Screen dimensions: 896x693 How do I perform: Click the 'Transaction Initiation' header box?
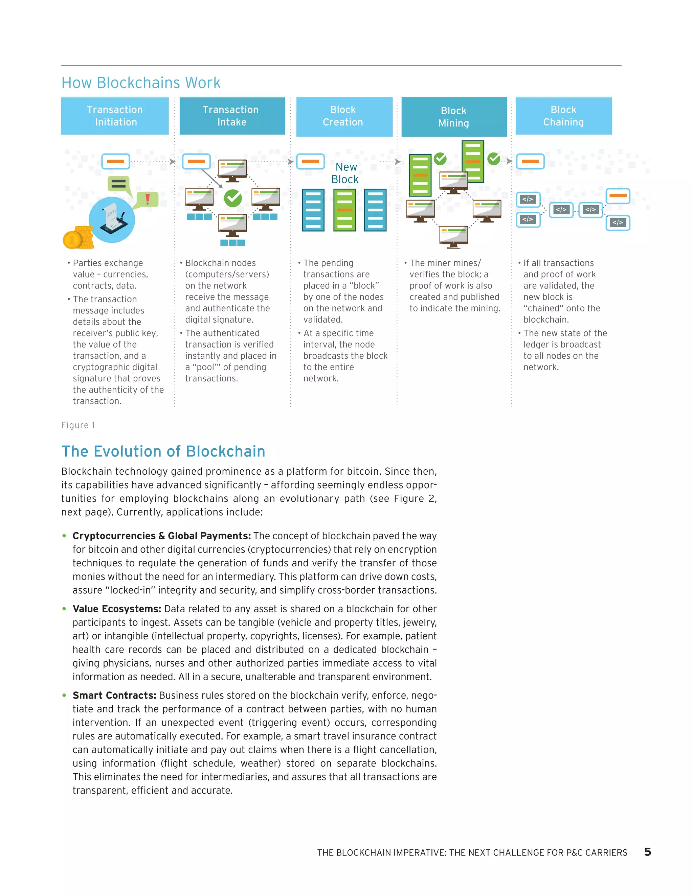coord(115,116)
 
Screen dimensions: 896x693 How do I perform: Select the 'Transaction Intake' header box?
coord(232,116)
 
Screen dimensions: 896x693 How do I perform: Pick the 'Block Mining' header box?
coord(454,117)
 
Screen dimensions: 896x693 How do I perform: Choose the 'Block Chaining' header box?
coord(563,116)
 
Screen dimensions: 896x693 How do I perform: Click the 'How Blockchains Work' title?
coord(141,83)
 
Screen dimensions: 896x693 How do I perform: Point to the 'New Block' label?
coord(345,173)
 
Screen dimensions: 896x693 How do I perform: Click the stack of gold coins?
coord(79,238)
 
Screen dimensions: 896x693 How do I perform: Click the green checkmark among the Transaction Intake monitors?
coord(233,198)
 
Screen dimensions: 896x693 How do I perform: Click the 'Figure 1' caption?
coord(78,425)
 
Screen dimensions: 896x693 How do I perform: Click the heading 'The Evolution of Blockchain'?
coord(163,451)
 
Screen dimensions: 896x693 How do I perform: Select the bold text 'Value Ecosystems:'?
coord(117,609)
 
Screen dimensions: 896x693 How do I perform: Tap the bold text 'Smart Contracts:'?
coord(114,695)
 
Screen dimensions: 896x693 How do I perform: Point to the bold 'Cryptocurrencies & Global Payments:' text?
coord(161,536)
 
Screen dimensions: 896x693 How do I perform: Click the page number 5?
coord(647,852)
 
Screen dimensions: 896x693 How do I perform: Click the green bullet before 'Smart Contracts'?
coord(64,695)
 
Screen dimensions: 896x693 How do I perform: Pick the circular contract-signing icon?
coord(112,220)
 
